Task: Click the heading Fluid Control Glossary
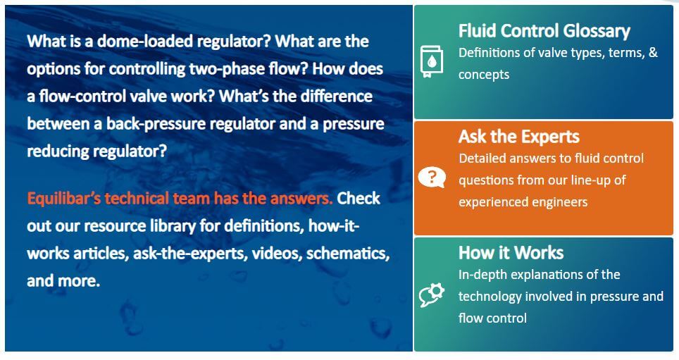(544, 31)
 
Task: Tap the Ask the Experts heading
(519, 137)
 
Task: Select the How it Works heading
(511, 252)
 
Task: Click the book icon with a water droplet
(432, 61)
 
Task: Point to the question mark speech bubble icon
(432, 178)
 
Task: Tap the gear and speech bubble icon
(432, 295)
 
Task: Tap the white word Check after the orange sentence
(359, 199)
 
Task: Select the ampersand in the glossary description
(653, 53)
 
